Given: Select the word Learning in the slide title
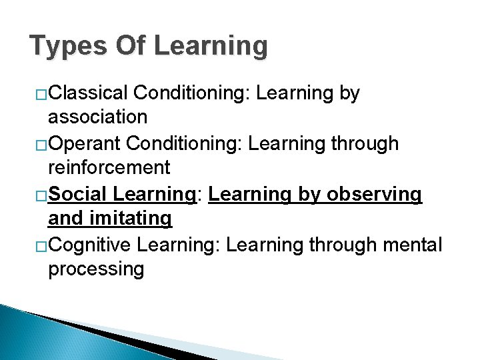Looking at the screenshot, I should tap(211, 47).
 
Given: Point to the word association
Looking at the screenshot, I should tap(97, 117).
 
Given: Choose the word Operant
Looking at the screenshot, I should tap(85, 144).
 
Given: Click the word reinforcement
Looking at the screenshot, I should tap(109, 167).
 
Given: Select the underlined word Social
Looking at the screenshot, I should tap(78, 194).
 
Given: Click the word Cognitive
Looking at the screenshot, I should tap(90, 245).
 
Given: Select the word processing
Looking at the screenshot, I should tap(96, 269).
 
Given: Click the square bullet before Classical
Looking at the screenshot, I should tap(41, 94).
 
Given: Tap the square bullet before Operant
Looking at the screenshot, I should tap(41, 145).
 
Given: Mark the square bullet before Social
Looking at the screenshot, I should tap(41, 195).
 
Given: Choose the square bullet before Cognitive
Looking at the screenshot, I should tap(41, 246).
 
